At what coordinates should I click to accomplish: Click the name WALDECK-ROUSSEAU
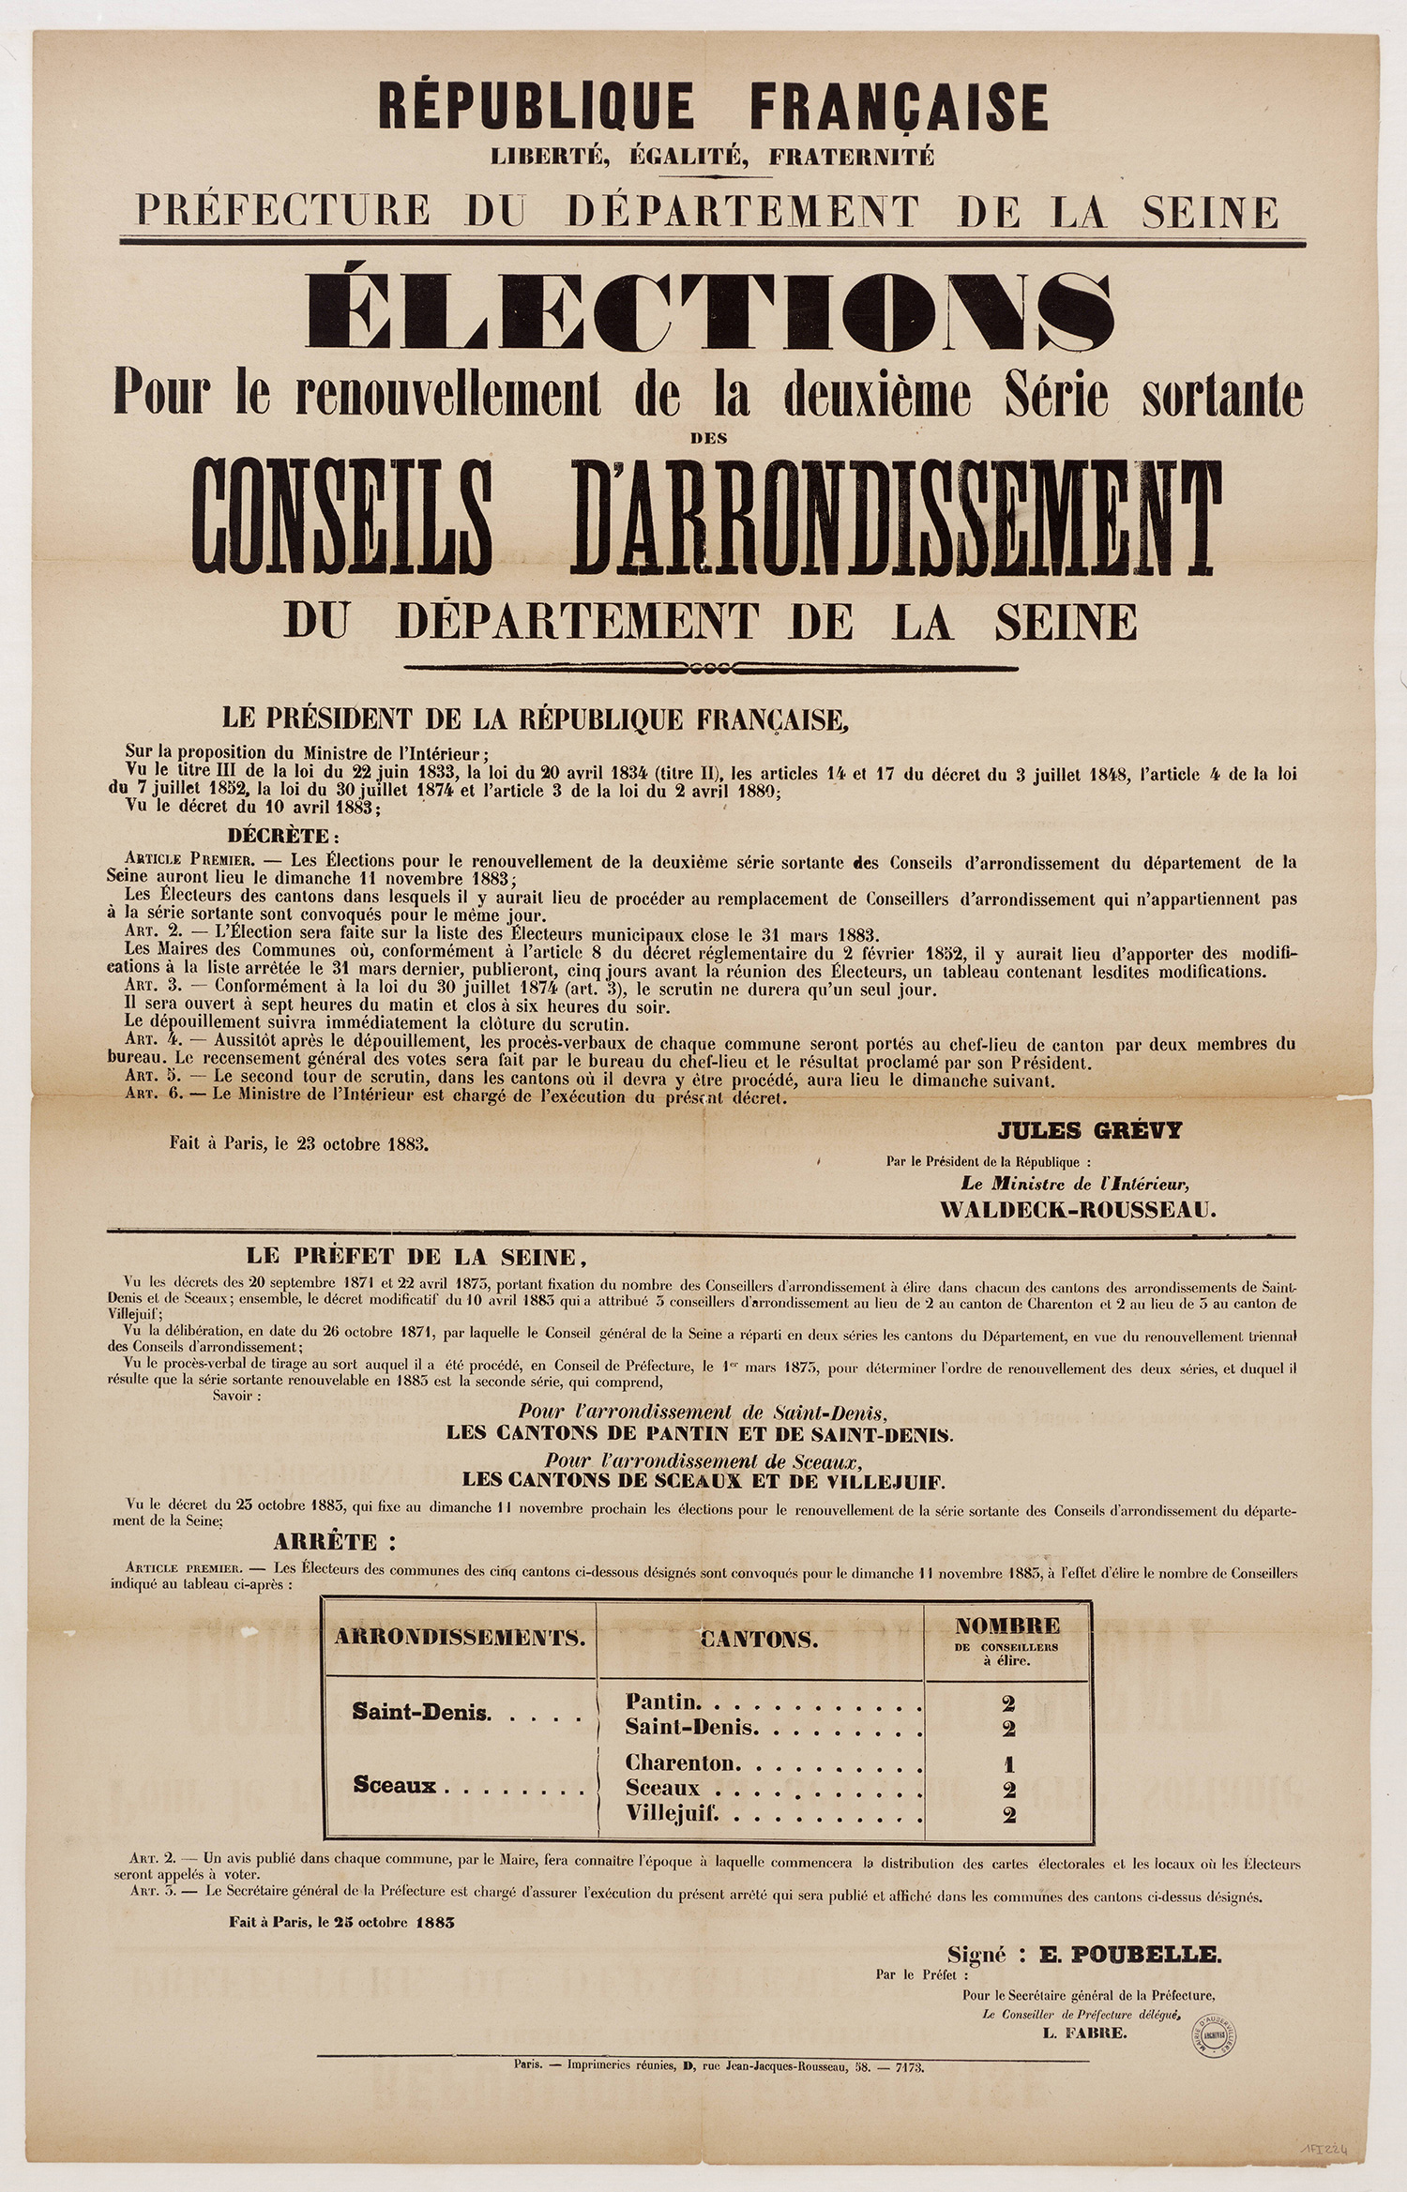pyautogui.click(x=1078, y=1210)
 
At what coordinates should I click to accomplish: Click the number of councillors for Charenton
pyautogui.click(x=1008, y=1763)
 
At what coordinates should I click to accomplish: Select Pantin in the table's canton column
pyautogui.click(x=662, y=1701)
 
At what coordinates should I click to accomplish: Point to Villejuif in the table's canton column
pyautogui.click(x=672, y=1814)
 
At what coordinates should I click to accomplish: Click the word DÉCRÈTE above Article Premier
pyautogui.click(x=280, y=836)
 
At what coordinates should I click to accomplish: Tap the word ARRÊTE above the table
pyautogui.click(x=334, y=1541)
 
